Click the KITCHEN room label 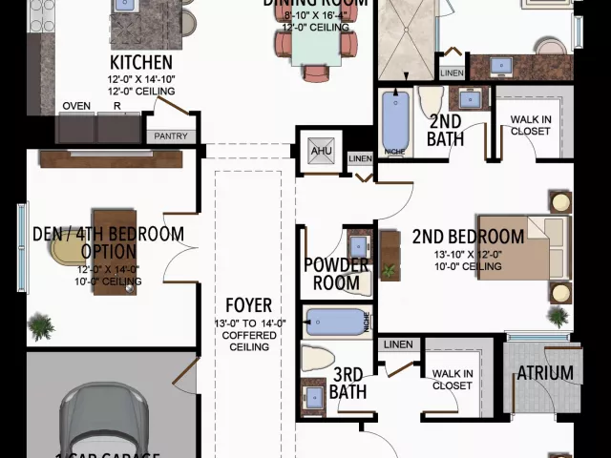141,62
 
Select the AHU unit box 318,151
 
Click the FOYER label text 248,306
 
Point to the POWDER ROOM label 337,273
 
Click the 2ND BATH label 446,130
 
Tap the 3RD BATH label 348,384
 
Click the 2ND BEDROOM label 468,237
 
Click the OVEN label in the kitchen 75,106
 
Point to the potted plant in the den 41,327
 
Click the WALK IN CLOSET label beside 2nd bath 530,125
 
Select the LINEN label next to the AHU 359,158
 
